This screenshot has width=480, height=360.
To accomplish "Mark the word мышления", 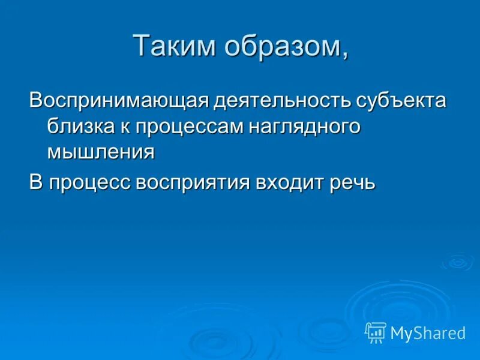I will [101, 152].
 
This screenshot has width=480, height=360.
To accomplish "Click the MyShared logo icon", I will [376, 332].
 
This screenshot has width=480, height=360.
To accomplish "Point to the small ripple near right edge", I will [457, 262].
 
